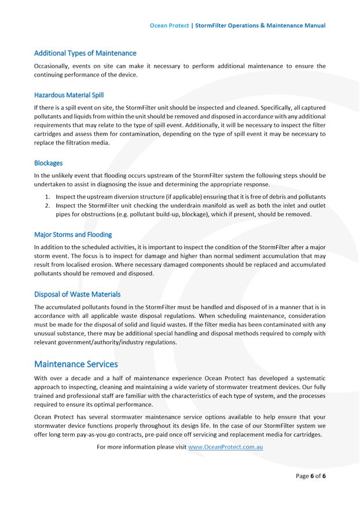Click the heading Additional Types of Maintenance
click(85, 53)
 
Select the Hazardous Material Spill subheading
click(69, 95)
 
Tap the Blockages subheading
click(48, 163)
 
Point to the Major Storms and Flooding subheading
click(73, 235)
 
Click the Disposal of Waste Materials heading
click(77, 294)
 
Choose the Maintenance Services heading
click(76, 364)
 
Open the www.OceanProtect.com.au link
click(226, 447)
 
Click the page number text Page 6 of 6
click(311, 476)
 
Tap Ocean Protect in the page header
click(169, 25)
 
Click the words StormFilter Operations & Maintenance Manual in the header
click(260, 25)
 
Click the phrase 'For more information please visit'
click(142, 447)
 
